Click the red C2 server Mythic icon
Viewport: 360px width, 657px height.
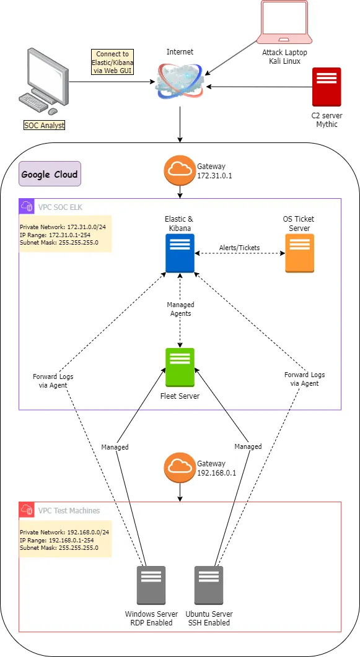(x=327, y=87)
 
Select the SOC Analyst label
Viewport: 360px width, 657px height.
(x=44, y=126)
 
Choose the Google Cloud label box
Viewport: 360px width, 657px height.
(x=50, y=174)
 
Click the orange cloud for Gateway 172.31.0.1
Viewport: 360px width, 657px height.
(x=180, y=170)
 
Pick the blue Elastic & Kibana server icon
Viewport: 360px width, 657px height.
(x=180, y=253)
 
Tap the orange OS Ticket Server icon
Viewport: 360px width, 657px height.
(x=299, y=253)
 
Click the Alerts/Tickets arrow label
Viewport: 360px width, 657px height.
(x=240, y=248)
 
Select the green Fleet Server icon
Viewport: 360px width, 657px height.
(x=180, y=367)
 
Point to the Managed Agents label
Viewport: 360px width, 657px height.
(x=180, y=309)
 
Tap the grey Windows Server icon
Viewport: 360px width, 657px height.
(x=151, y=585)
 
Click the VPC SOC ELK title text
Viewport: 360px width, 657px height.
(x=61, y=206)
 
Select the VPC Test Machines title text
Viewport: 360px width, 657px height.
(x=69, y=510)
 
